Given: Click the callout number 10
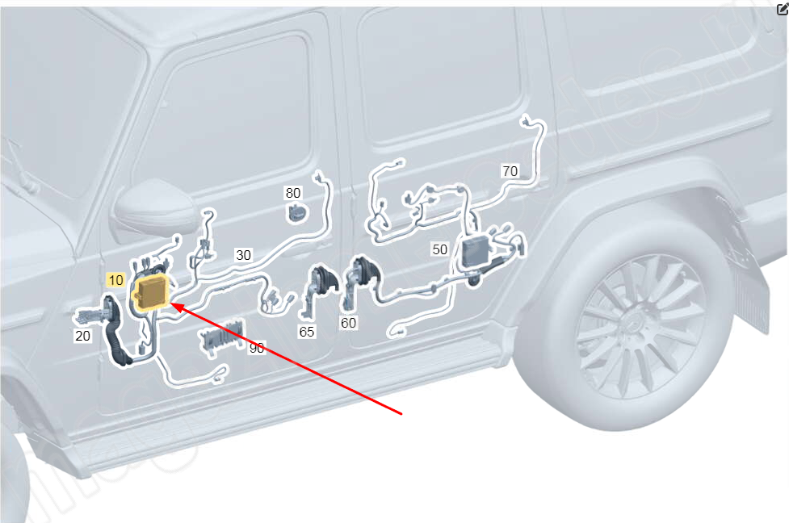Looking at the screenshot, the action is coord(116,280).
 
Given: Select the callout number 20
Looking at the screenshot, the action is coord(82,336).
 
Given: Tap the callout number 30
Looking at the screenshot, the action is coord(244,255).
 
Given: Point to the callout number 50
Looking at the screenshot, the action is coord(440,249).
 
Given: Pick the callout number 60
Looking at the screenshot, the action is coord(348,323).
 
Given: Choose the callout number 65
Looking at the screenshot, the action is coord(306,332).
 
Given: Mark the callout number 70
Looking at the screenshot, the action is coord(510,171).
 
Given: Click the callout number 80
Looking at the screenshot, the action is coord(293,193).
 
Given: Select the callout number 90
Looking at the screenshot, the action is coord(257,348).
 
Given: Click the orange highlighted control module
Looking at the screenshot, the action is coord(151,293).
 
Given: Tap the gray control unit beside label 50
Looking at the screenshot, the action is coord(476,250).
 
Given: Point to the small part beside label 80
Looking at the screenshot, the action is coord(297,213).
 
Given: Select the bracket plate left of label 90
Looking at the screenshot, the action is coord(222,337).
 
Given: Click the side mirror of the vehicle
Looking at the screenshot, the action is coord(153,207).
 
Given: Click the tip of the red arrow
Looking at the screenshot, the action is coord(172,303).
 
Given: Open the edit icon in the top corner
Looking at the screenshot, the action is coord(783,9).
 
